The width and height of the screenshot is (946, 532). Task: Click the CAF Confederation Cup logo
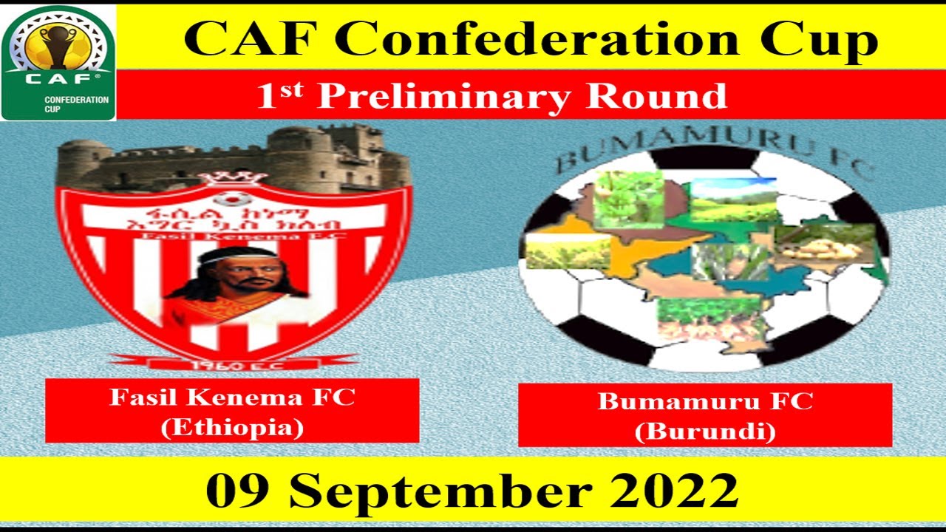[58, 62]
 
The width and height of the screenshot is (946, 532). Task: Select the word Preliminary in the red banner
[445, 97]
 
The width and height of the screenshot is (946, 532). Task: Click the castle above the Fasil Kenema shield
[233, 158]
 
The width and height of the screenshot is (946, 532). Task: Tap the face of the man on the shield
[234, 274]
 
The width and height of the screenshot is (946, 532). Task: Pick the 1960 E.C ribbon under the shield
[233, 363]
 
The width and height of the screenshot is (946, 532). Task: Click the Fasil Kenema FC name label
[232, 398]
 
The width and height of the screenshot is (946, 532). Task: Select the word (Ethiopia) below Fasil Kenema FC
[232, 428]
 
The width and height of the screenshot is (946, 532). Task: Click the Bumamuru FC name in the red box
[705, 401]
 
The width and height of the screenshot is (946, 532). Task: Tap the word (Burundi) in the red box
[705, 431]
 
